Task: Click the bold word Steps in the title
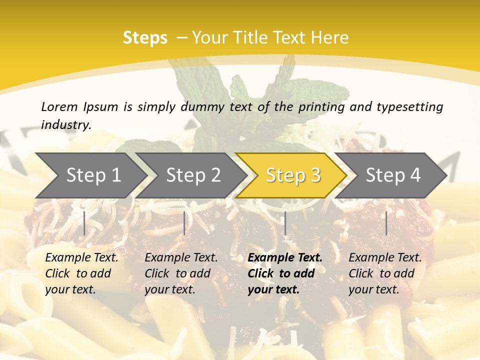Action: (x=145, y=38)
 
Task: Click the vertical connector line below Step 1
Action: (x=84, y=223)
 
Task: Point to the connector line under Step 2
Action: (x=184, y=223)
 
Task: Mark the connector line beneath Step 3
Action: (x=285, y=223)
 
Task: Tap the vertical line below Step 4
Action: (x=386, y=223)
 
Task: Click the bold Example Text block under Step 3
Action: (x=284, y=273)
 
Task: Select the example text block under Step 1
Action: (x=81, y=273)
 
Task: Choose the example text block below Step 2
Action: (x=181, y=273)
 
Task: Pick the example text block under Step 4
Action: (x=384, y=273)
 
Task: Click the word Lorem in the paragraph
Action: (x=59, y=106)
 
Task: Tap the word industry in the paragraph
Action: (x=66, y=125)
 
